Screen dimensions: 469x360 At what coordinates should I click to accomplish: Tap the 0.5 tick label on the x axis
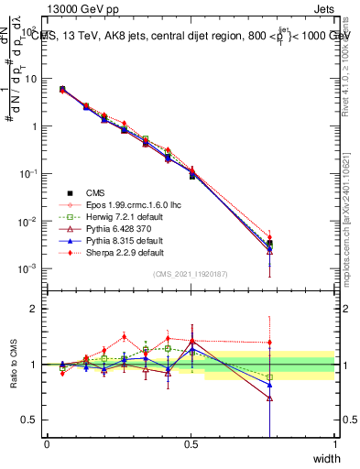click(x=191, y=444)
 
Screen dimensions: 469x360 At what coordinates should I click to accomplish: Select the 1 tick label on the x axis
click(x=334, y=444)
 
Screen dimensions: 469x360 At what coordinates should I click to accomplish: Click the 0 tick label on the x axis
click(x=47, y=444)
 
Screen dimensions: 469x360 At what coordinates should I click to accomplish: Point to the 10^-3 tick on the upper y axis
click(x=27, y=268)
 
